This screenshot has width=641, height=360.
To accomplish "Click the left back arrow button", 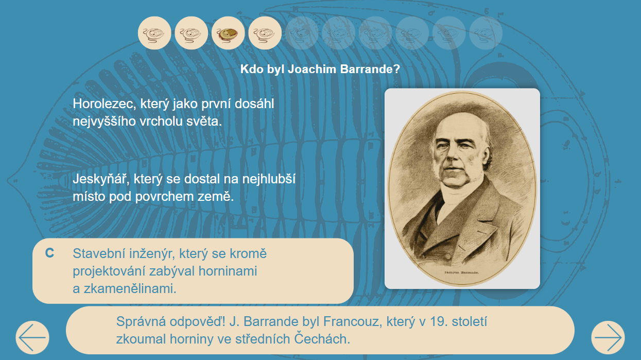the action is point(32,337).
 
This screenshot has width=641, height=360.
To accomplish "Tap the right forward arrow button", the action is point(608,337).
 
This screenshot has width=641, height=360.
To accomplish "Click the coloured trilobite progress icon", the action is point(228,33).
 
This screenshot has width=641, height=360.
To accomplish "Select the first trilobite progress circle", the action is point(154,33).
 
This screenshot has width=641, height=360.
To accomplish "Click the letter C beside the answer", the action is point(49,253).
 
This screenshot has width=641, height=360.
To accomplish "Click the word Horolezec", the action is point(104,104).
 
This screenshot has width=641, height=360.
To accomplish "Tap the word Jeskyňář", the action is point(99,179).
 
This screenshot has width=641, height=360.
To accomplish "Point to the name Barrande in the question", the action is point(370,69).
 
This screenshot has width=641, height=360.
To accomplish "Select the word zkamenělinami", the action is point(130,289).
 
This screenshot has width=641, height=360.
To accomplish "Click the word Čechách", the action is point(322,339).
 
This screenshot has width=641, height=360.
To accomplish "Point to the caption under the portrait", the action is point(461,272).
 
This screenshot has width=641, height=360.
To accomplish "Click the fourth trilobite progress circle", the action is point(265,33).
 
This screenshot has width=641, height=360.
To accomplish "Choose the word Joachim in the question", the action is point(312,69).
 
